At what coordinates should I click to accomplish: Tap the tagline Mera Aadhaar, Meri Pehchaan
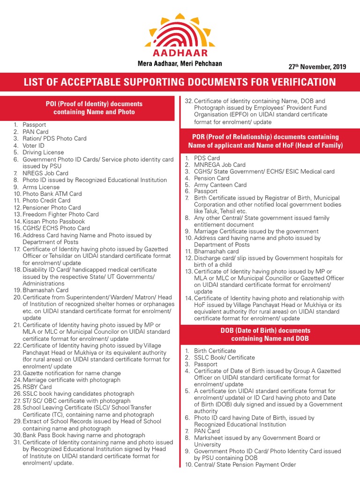[x=180, y=63]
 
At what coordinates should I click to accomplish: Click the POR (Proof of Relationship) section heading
[x=265, y=141]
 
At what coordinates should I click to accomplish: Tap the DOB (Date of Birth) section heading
[x=265, y=334]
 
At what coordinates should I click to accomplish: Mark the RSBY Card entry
[x=37, y=387]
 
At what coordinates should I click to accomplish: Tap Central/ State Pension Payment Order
[x=245, y=465]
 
